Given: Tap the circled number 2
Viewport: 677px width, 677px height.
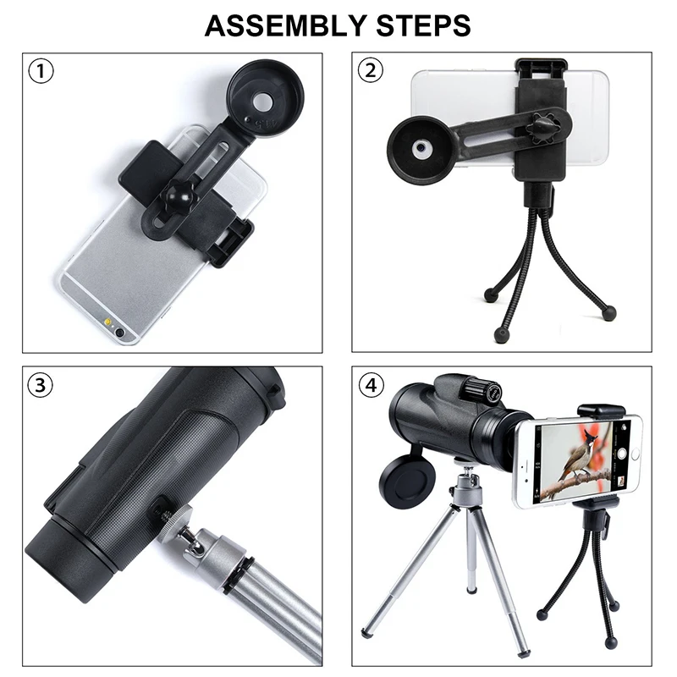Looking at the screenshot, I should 371,71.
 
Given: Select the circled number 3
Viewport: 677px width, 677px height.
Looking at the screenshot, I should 41,385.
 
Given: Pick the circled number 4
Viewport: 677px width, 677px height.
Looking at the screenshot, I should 371,385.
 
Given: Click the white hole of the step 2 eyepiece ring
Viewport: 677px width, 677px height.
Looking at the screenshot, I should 420,147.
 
